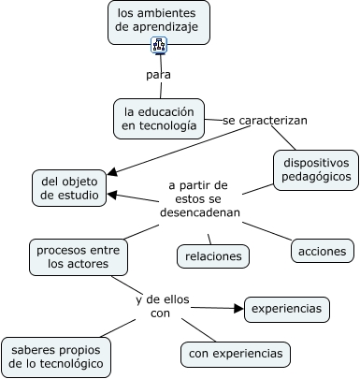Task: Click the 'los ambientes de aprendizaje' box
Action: [x=159, y=22]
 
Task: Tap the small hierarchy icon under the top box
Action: [x=159, y=45]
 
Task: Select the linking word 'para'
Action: [x=158, y=75]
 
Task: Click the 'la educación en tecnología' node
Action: [x=159, y=119]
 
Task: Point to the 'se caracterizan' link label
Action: [x=265, y=121]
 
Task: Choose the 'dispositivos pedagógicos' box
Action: [x=316, y=170]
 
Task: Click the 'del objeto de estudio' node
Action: [x=69, y=188]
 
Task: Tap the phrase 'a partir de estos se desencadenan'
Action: [x=200, y=199]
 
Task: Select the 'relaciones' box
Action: [x=213, y=256]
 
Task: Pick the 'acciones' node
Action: [x=323, y=251]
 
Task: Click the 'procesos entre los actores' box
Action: [x=79, y=257]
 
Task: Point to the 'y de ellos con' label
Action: [x=163, y=306]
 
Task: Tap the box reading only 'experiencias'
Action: [x=287, y=309]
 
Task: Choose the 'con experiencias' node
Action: [x=236, y=354]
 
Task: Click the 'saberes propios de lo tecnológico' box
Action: [x=56, y=357]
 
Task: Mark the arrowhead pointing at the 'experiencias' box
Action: [x=239, y=309]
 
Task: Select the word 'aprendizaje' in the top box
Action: [x=166, y=27]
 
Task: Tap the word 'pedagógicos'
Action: [x=316, y=177]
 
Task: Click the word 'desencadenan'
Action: [x=200, y=212]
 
